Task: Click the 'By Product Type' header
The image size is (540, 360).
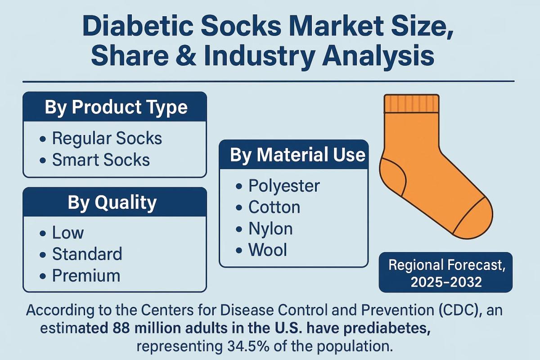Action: point(115,108)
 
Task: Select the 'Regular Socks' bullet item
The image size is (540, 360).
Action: point(107,138)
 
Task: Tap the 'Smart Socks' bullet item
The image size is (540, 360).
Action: point(101,160)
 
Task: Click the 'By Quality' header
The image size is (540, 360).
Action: point(112,202)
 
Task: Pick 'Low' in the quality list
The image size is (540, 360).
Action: point(68,233)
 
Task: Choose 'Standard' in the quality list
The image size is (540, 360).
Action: point(87,254)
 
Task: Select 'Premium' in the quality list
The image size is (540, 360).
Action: point(86,275)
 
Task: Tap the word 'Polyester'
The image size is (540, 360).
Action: point(284,185)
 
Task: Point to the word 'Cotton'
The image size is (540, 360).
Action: point(274,207)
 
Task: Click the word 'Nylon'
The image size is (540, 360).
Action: point(270,229)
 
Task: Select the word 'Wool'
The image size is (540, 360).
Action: point(268,250)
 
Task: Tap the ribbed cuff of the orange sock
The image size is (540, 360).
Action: point(411,104)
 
